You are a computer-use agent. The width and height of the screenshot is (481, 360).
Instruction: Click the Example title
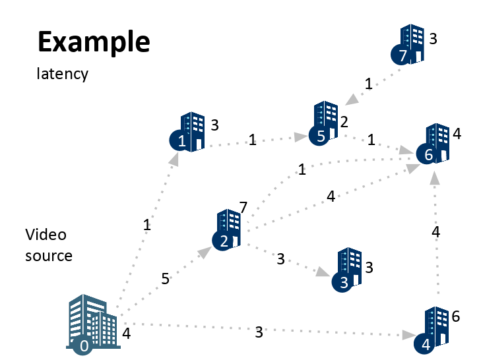coord(94,42)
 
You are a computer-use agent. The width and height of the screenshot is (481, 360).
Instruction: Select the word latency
coord(62,73)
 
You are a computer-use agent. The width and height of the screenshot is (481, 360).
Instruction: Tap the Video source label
coord(48,245)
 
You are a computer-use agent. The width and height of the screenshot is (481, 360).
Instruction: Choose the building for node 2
coord(228,228)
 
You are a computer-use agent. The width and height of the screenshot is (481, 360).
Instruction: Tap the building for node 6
coord(435,143)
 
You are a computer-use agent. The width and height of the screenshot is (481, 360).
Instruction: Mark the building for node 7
coord(410,45)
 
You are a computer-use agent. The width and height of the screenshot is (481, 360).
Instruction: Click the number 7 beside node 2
coord(243,208)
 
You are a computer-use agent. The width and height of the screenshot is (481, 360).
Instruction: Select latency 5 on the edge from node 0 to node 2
coord(165,279)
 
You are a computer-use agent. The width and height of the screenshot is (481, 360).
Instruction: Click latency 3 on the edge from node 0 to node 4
coord(259,332)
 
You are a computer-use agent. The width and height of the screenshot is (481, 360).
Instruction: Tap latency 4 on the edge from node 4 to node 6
coord(435,231)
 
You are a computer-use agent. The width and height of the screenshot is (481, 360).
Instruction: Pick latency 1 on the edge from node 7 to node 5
coord(368,84)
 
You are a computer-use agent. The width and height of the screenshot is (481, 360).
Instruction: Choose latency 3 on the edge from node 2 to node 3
coord(280,259)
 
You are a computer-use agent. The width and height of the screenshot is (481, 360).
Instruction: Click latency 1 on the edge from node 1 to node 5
coord(252,140)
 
